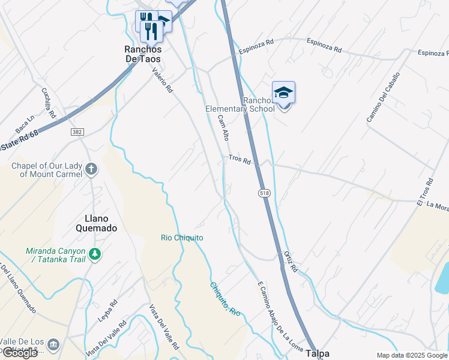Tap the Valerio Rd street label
162,79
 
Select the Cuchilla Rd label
49,103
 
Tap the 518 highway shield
264,193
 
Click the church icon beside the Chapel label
91,169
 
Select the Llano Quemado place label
97,223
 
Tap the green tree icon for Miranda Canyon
95,254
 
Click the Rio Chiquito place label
182,238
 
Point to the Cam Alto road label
224,127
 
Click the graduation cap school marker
283,92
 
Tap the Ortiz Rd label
291,262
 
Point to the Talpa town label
318,354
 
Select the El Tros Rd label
424,191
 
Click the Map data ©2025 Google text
412,355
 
